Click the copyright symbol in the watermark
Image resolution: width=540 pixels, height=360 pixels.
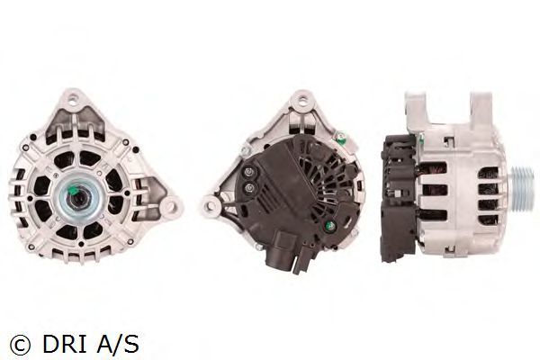(20, 344)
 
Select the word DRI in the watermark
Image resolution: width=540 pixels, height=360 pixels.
(64, 344)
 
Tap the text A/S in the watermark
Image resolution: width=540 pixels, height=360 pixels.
(118, 344)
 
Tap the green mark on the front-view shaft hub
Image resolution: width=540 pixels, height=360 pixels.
(73, 189)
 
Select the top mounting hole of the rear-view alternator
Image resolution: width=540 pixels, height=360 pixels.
(303, 100)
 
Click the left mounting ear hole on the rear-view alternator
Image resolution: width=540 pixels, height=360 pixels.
(208, 206)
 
